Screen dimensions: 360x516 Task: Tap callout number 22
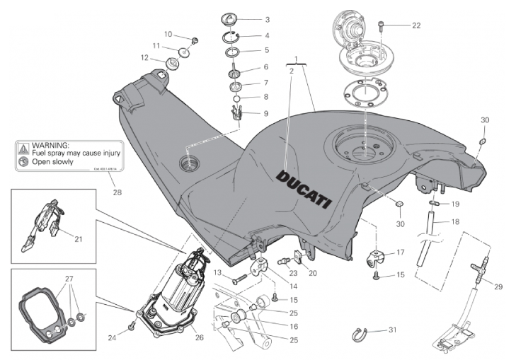click(416, 25)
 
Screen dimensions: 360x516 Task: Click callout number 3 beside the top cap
click(247, 19)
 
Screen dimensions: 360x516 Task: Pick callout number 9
click(246, 112)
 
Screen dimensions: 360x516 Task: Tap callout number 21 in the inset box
click(79, 238)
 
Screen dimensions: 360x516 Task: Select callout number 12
click(144, 58)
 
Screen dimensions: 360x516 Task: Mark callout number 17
click(400, 252)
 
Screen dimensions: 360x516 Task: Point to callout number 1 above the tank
click(297, 58)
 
